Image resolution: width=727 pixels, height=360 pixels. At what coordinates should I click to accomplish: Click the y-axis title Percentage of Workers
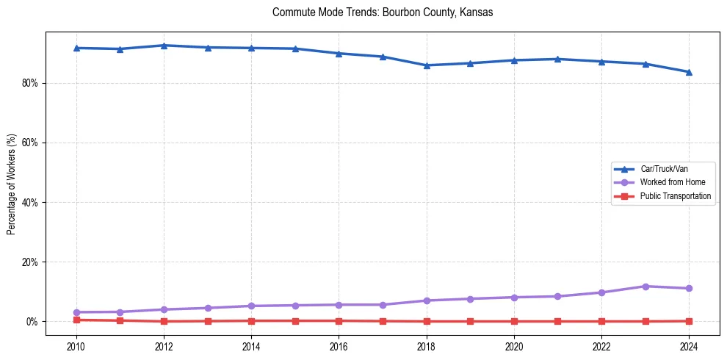tap(11, 184)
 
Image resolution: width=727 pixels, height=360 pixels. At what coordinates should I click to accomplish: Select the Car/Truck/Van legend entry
tap(664, 169)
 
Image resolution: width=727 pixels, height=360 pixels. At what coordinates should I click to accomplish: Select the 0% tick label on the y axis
tap(32, 321)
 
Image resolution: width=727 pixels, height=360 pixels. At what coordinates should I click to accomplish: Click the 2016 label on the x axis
tap(339, 345)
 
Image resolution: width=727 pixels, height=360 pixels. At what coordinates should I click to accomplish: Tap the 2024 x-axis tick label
tap(689, 345)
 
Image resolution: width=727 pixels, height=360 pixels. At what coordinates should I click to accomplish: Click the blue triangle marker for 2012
tap(164, 46)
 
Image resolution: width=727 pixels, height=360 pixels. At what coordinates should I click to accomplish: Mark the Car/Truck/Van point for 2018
tap(427, 65)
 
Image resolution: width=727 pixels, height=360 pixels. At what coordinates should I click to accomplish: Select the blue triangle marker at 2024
tap(689, 72)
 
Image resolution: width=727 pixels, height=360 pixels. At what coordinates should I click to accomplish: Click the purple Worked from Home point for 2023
tap(645, 287)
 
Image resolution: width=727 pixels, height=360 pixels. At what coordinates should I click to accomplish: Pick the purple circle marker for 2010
tap(76, 312)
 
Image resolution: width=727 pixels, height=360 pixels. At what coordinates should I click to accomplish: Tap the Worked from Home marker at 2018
tap(427, 300)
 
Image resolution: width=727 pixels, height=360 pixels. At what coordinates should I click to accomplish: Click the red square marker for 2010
tap(76, 320)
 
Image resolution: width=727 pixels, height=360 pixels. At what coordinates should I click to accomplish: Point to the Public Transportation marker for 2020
tap(514, 321)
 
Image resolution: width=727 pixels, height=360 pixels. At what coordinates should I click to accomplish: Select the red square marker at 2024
tap(689, 321)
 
